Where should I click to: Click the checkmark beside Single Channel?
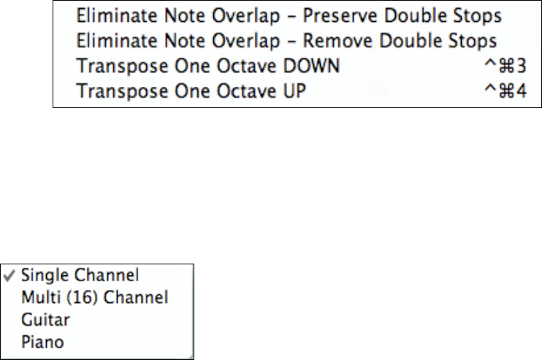[x=12, y=275]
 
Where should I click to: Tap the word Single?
[x=43, y=275]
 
